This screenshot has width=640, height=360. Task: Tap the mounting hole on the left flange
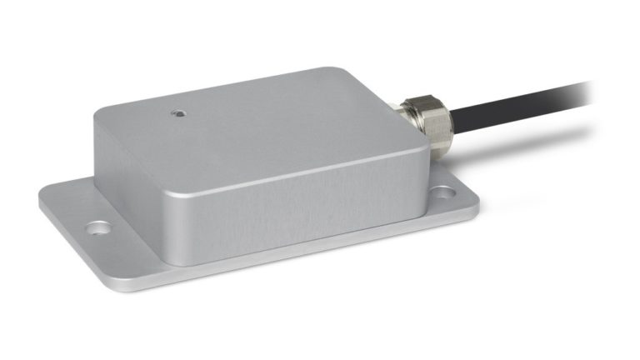click(98, 226)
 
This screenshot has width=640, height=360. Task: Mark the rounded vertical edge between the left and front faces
click(171, 217)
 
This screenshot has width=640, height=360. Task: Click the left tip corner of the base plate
click(41, 200)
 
